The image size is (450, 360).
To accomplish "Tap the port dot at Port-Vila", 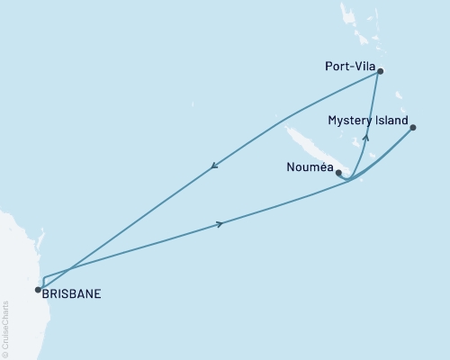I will coord(381,71).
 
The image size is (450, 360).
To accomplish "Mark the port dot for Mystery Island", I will coord(413,128).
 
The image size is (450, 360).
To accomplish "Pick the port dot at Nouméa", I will coord(338,173).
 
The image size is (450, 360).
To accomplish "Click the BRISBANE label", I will coord(72,292).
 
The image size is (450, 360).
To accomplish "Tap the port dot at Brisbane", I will coord(38,290).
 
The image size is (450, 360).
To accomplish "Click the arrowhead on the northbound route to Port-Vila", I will coord(365,137).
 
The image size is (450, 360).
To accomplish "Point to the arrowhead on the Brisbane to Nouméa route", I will coord(220,224).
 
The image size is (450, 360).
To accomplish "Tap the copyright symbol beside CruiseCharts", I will coord(5,352).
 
